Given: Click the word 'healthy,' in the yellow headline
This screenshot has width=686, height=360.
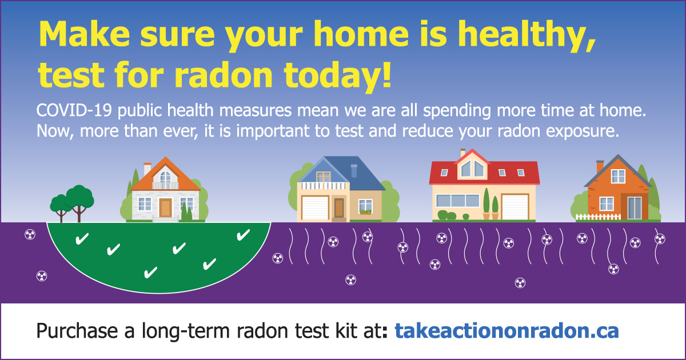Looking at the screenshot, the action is (x=527, y=36).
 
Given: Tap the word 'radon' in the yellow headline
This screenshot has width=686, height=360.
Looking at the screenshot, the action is (x=224, y=75).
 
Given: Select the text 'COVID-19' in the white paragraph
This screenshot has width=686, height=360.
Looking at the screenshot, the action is (x=74, y=110).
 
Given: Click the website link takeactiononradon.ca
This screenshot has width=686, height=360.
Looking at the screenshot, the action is (x=507, y=331).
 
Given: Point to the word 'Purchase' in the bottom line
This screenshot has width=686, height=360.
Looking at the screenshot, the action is (x=77, y=331).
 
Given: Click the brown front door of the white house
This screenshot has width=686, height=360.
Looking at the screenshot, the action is (x=165, y=207).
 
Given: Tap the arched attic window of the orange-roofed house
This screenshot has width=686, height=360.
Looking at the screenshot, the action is (x=165, y=177).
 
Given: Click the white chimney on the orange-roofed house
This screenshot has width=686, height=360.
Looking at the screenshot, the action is (x=147, y=169).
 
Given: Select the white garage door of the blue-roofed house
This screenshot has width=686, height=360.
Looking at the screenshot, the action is (x=315, y=207).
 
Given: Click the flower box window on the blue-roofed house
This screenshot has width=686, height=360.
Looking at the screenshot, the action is (x=365, y=207).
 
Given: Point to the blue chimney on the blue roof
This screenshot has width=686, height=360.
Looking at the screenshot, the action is (x=354, y=171).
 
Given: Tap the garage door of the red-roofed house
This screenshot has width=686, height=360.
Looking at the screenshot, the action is (x=515, y=207).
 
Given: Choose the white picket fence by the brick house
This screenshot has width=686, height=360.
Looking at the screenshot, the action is (x=598, y=217).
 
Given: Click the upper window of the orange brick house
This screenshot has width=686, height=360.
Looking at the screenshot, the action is (x=618, y=177).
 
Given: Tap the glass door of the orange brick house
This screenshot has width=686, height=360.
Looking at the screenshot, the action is (x=634, y=208).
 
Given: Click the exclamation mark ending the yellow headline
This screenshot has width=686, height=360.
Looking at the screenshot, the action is (x=386, y=74).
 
